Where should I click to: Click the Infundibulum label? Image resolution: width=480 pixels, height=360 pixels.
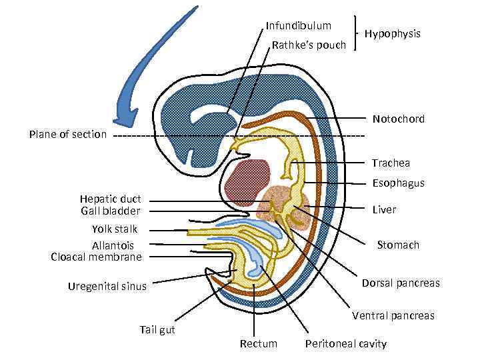(298, 26)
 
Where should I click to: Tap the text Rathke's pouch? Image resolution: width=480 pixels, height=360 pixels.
(309, 45)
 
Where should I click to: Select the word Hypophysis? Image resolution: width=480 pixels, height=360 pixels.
(393, 33)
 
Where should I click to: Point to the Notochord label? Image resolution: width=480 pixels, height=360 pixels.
(399, 119)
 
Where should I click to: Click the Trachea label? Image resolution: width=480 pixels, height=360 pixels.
(391, 163)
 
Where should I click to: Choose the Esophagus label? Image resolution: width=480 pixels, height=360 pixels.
(398, 183)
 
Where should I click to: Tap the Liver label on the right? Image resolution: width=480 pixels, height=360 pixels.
(384, 210)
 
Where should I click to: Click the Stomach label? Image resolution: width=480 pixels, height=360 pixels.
(398, 245)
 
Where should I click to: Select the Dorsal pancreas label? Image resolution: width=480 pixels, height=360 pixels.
(401, 283)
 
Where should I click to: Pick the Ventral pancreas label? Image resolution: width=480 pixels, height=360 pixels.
(393, 315)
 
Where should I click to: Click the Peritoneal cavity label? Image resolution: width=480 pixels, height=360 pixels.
(345, 344)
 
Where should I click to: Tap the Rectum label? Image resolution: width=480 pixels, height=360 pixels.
(258, 344)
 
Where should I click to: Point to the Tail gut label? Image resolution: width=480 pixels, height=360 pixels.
(157, 329)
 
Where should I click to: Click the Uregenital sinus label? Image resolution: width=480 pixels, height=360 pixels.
(107, 287)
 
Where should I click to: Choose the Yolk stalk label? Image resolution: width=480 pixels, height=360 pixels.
(115, 229)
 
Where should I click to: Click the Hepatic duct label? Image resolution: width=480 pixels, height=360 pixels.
(110, 199)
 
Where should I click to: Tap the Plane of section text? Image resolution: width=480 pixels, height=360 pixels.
(68, 135)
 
